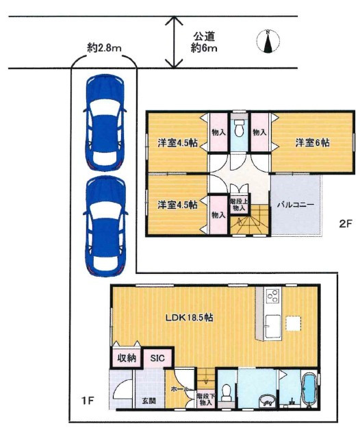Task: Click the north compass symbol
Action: coord(268,41)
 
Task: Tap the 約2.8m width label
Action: coord(104,48)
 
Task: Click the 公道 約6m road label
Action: coord(204,42)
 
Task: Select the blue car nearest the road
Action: coord(105,123)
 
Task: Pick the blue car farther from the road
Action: coord(105,226)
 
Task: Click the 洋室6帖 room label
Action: coord(312,142)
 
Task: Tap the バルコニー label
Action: coord(295,205)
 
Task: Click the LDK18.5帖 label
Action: coord(189,318)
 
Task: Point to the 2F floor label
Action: coord(345,224)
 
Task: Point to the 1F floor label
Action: coord(88,401)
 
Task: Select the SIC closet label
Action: coord(157,358)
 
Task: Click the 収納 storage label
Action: coord(127,358)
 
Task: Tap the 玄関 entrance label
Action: coord(149,401)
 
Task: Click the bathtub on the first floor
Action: coord(309,389)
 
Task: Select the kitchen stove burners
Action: coord(273,295)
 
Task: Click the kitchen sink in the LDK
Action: coord(273,326)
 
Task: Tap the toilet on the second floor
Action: coord(240,128)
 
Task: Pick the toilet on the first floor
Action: coord(227,393)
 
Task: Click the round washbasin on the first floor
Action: coord(266,401)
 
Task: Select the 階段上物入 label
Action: coord(239,205)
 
